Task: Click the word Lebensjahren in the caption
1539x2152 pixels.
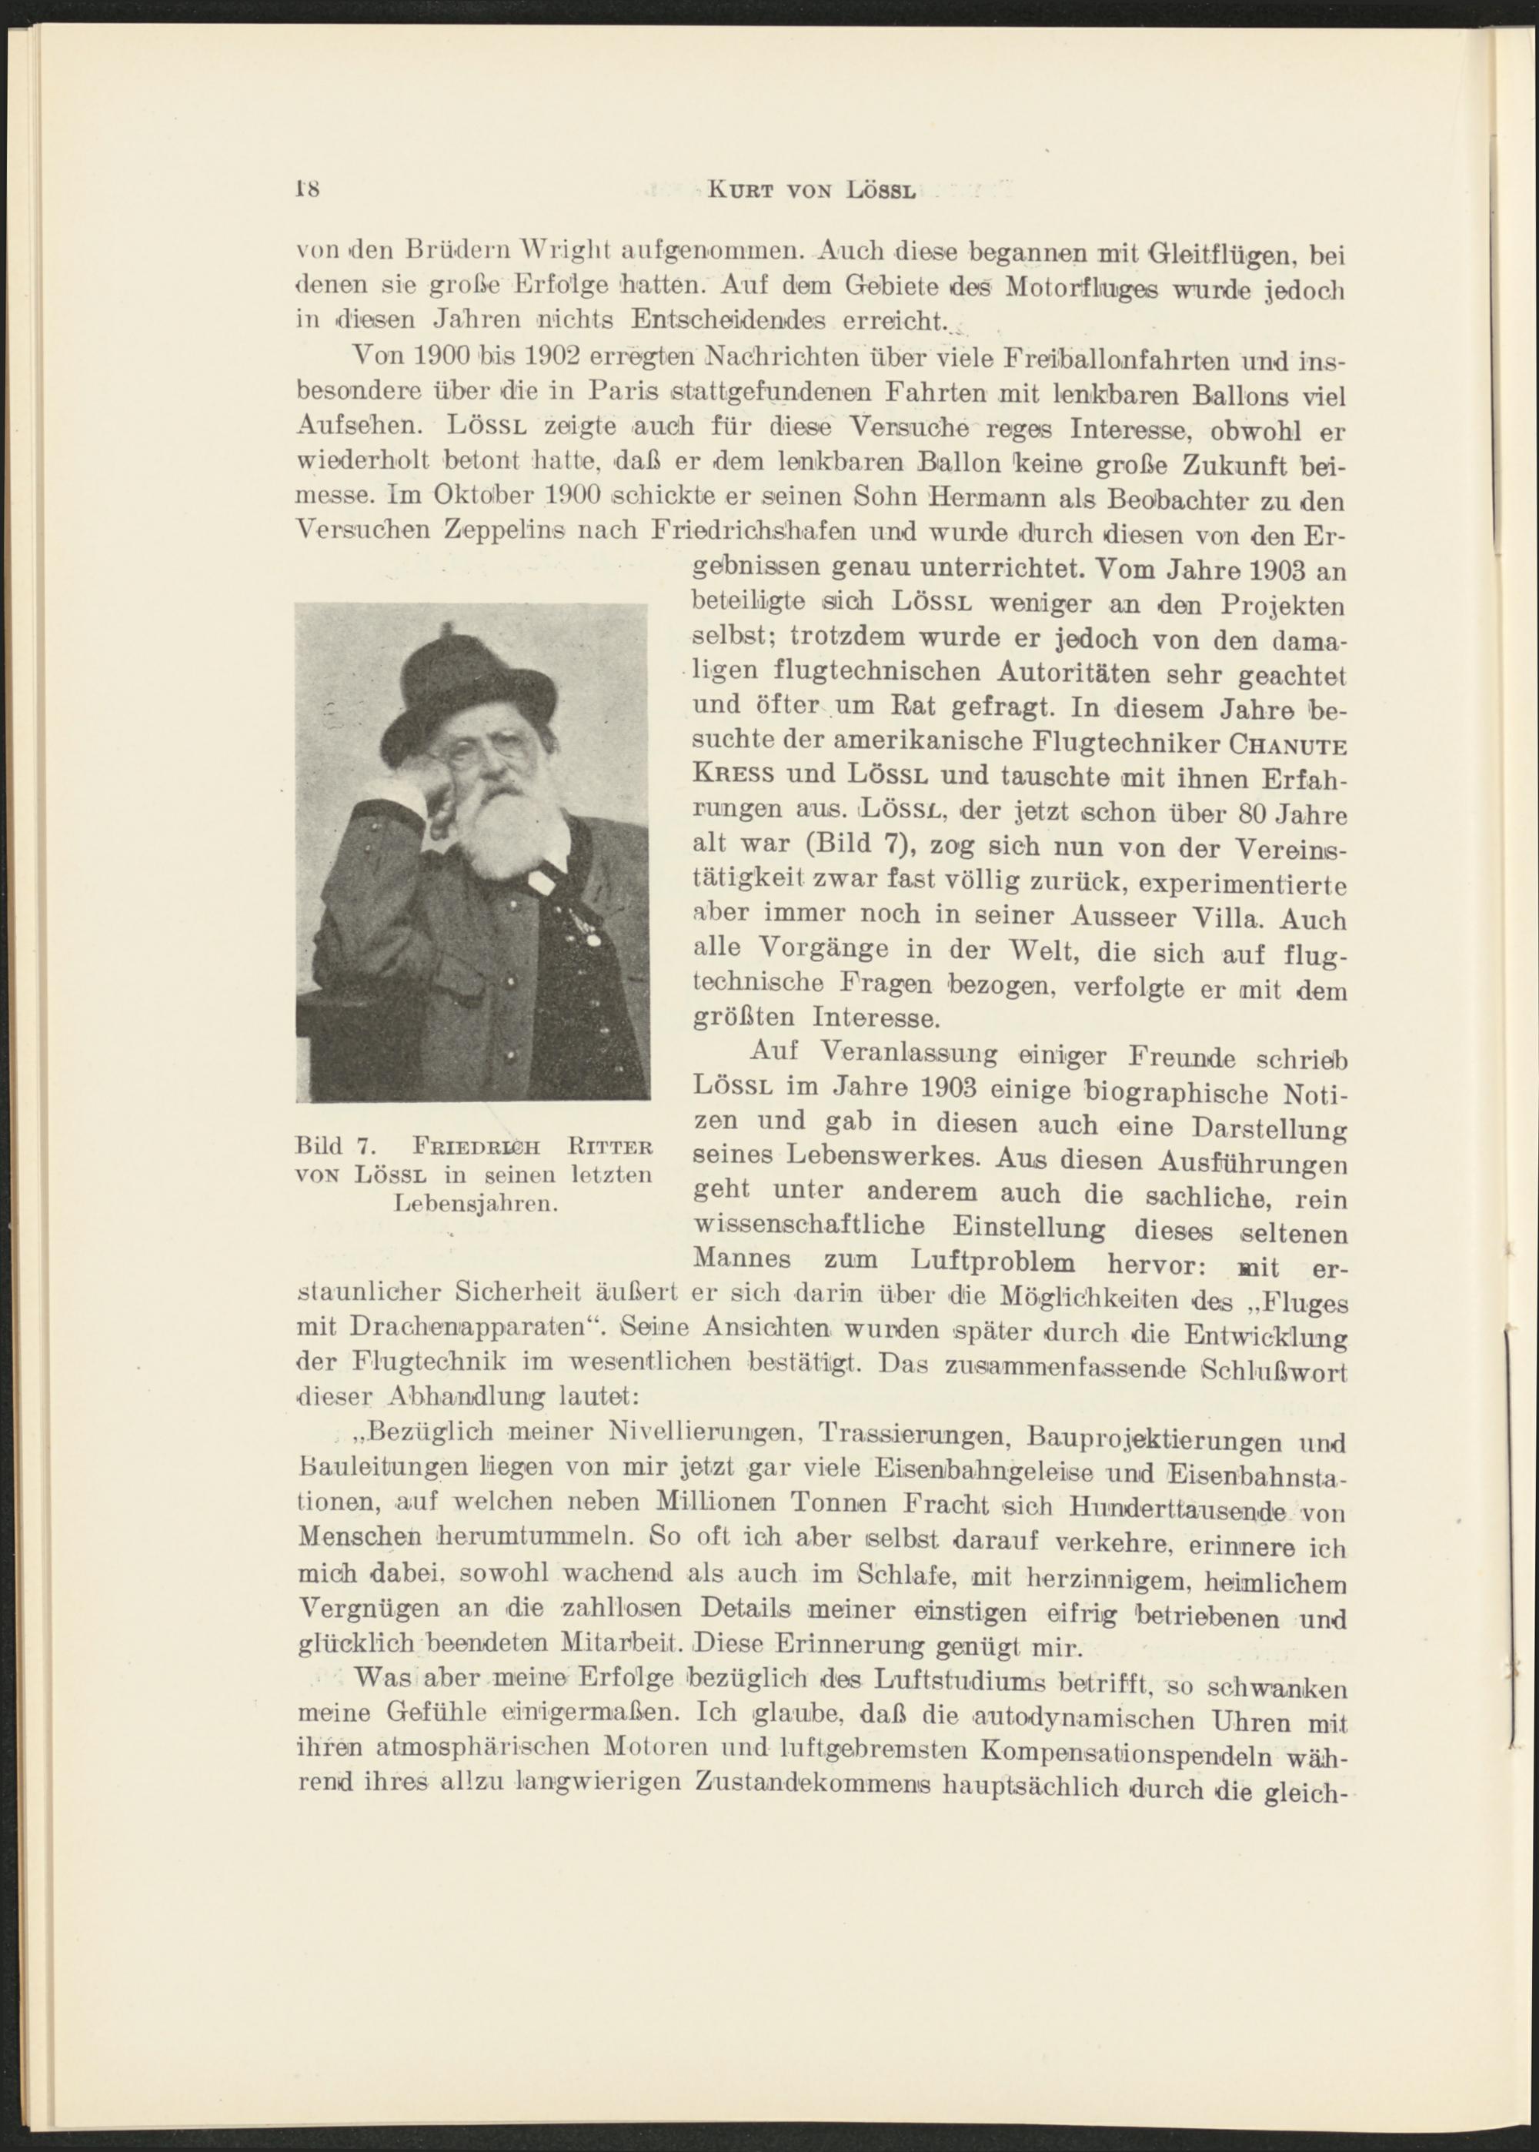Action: [x=474, y=1205]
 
